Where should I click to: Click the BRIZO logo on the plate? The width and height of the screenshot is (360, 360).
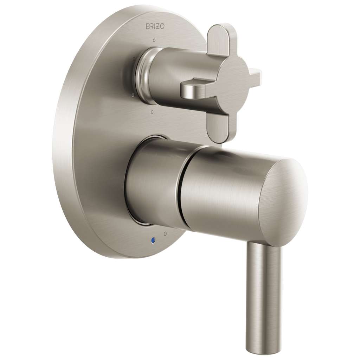155,26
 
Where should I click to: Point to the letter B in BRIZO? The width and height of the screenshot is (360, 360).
148,26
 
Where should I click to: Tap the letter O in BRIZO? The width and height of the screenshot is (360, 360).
162,26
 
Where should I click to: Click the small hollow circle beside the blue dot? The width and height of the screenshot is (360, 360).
165,234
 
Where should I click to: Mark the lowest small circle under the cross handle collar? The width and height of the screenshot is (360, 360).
153,112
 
